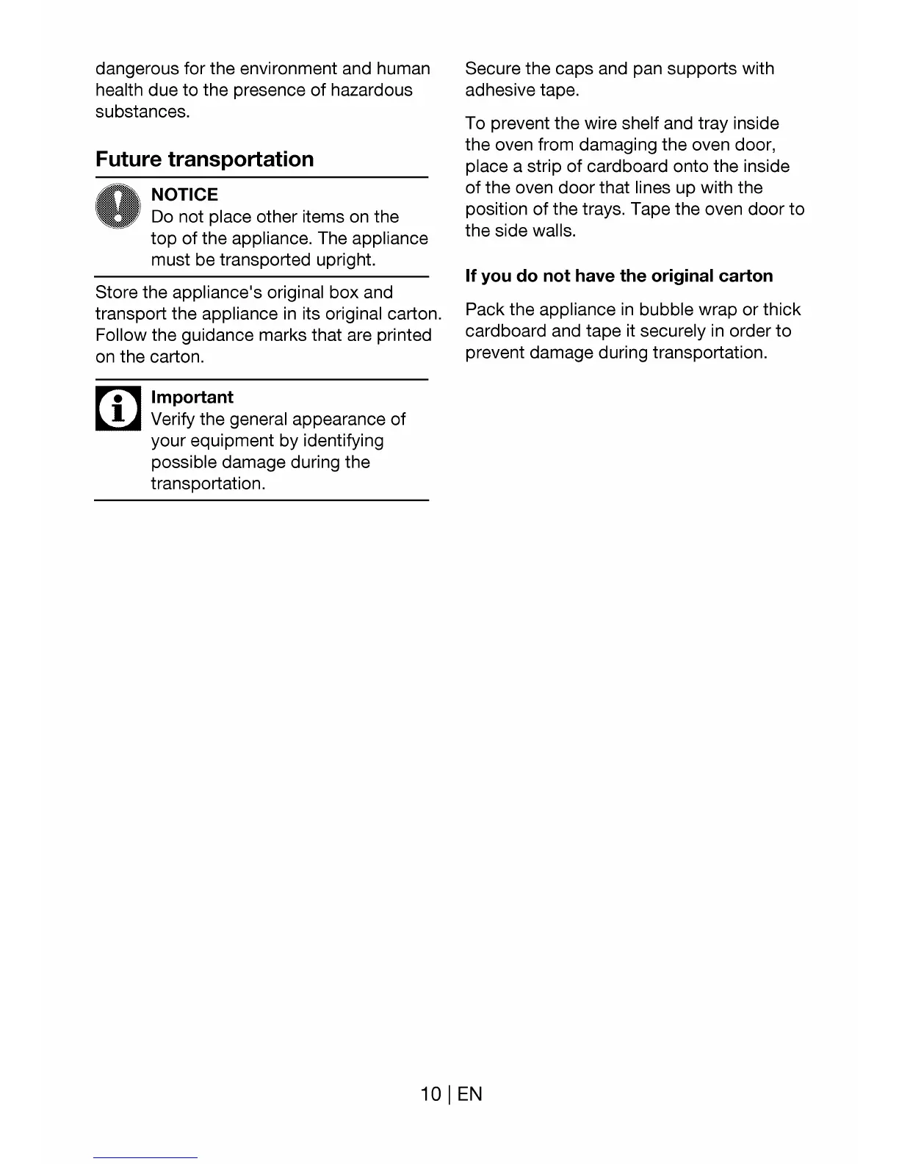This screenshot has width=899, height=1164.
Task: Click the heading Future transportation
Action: [x=204, y=159]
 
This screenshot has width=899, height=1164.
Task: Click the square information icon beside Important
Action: [x=118, y=409]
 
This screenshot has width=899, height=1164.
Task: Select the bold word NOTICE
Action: [x=184, y=195]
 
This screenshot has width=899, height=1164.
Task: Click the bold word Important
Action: [x=192, y=398]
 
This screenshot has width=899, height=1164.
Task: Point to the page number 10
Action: [x=430, y=1094]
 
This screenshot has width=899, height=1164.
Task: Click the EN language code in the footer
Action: [x=469, y=1094]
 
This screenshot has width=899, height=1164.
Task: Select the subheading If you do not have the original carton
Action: [x=618, y=276]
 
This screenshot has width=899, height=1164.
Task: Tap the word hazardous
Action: [x=371, y=90]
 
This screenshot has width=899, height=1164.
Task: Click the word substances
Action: [x=142, y=112]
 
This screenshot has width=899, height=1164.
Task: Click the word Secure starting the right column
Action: [x=493, y=69]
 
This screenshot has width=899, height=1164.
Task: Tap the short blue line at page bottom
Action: [x=145, y=1157]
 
